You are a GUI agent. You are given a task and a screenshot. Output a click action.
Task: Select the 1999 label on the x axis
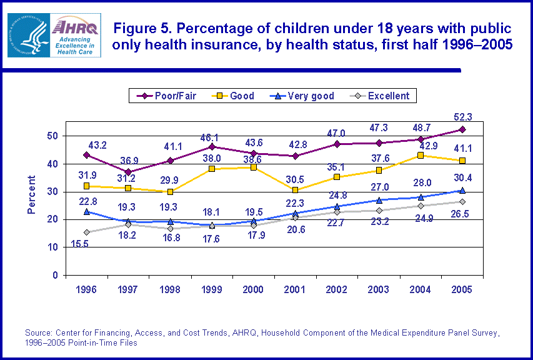[x=212, y=290]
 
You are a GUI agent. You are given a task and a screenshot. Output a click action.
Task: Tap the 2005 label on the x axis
[x=462, y=290]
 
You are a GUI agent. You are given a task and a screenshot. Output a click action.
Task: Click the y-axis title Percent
[x=32, y=195]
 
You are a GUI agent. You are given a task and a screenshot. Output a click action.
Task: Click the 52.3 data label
[x=462, y=116]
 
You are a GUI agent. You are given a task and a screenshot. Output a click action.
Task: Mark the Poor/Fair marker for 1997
[x=128, y=172]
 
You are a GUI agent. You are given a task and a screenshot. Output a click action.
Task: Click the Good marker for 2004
[x=420, y=155]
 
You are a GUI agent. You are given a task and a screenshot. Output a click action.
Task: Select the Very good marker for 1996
[x=86, y=211]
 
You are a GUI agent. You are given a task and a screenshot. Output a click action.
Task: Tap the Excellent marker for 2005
[x=462, y=201]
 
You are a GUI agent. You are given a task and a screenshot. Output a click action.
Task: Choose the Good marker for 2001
[x=295, y=190]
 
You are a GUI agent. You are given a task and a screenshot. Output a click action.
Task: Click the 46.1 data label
[x=212, y=136]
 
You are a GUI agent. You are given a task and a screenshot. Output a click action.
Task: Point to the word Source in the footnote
[x=38, y=332]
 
